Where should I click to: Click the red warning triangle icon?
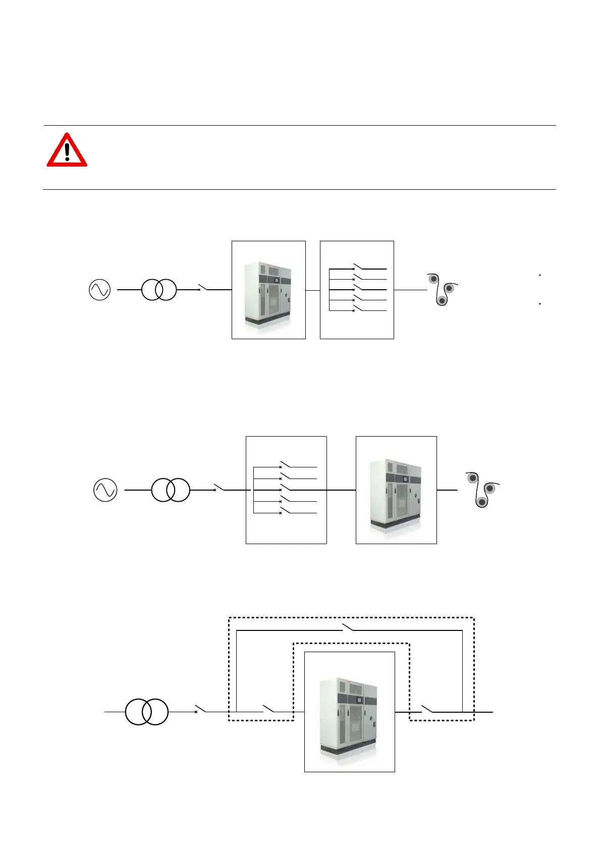tap(67, 150)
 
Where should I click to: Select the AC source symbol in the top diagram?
tap(99, 290)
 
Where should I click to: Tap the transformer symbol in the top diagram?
tap(159, 290)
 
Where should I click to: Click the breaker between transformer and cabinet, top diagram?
tap(203, 288)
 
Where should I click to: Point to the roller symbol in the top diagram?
tap(442, 289)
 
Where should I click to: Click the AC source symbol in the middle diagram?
tap(105, 490)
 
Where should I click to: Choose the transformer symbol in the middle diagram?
tap(171, 490)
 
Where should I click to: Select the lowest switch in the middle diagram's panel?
tap(285, 511)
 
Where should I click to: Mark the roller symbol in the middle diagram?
tap(481, 489)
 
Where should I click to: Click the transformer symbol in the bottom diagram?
tap(146, 712)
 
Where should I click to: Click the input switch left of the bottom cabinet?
tap(268, 709)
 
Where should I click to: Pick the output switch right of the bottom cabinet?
tap(427, 709)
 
